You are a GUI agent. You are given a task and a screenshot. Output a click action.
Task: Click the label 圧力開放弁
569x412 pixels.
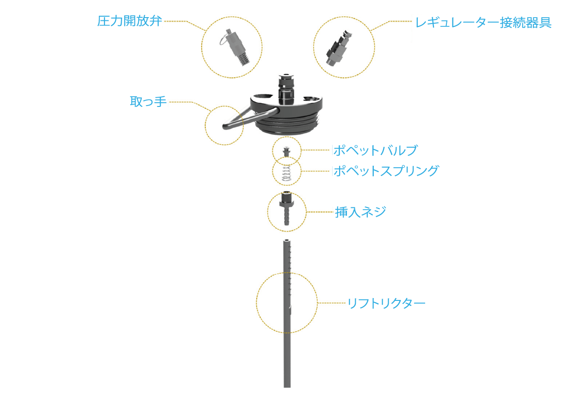pos(130,21)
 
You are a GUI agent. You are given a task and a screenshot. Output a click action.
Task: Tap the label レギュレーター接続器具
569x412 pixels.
pos(483,23)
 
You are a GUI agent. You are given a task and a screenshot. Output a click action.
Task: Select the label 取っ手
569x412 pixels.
pos(148,101)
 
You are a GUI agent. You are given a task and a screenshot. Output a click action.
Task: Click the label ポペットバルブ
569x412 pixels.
pos(375,150)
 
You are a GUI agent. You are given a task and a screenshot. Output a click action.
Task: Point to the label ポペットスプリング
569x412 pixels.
pos(386,171)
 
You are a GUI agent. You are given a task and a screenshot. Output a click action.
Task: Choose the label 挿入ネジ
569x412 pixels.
pos(360,212)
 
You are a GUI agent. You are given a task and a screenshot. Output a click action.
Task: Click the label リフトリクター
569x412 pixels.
pos(386,303)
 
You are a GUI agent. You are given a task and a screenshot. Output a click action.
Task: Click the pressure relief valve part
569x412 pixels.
pos(235,47)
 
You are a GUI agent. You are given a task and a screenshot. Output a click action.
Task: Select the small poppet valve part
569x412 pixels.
pos(287,152)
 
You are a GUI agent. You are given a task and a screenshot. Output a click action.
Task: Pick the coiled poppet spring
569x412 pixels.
pos(287,173)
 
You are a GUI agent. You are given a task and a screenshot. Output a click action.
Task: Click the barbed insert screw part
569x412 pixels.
pos(287,208)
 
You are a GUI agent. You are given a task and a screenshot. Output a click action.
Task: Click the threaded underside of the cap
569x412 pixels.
pos(288,125)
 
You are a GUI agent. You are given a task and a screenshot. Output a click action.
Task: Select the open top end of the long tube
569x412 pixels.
pos(287,240)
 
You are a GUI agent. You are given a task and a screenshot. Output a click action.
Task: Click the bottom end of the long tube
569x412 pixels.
pos(287,387)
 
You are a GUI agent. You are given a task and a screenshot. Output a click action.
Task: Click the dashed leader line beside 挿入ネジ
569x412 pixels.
pos(320,212)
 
